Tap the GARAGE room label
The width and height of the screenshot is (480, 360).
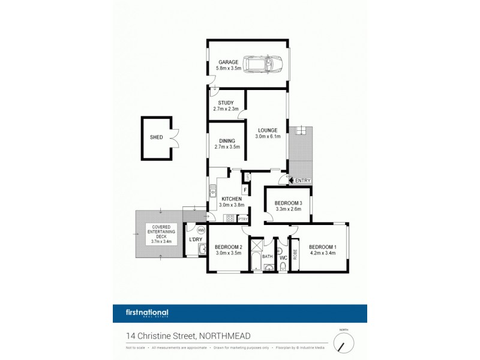pos(229,62)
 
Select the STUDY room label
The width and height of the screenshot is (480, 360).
pos(226,103)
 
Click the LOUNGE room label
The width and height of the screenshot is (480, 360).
pos(267,130)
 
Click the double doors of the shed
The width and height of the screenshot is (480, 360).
pos(174,138)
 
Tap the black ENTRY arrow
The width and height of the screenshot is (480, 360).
pos(292,180)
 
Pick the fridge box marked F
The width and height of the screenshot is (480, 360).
pos(245,190)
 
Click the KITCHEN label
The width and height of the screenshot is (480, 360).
pos(231,199)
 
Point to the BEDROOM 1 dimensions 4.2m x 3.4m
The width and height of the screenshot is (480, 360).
pos(323,254)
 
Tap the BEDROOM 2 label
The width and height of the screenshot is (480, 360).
pos(228,247)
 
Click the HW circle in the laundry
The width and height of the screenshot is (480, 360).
pos(201,230)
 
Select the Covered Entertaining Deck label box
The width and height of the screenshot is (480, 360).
pos(161,235)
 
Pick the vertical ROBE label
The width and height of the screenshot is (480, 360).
pos(295,254)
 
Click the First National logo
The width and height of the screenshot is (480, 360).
pos(141,313)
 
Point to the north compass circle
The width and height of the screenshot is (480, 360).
pos(344,343)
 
